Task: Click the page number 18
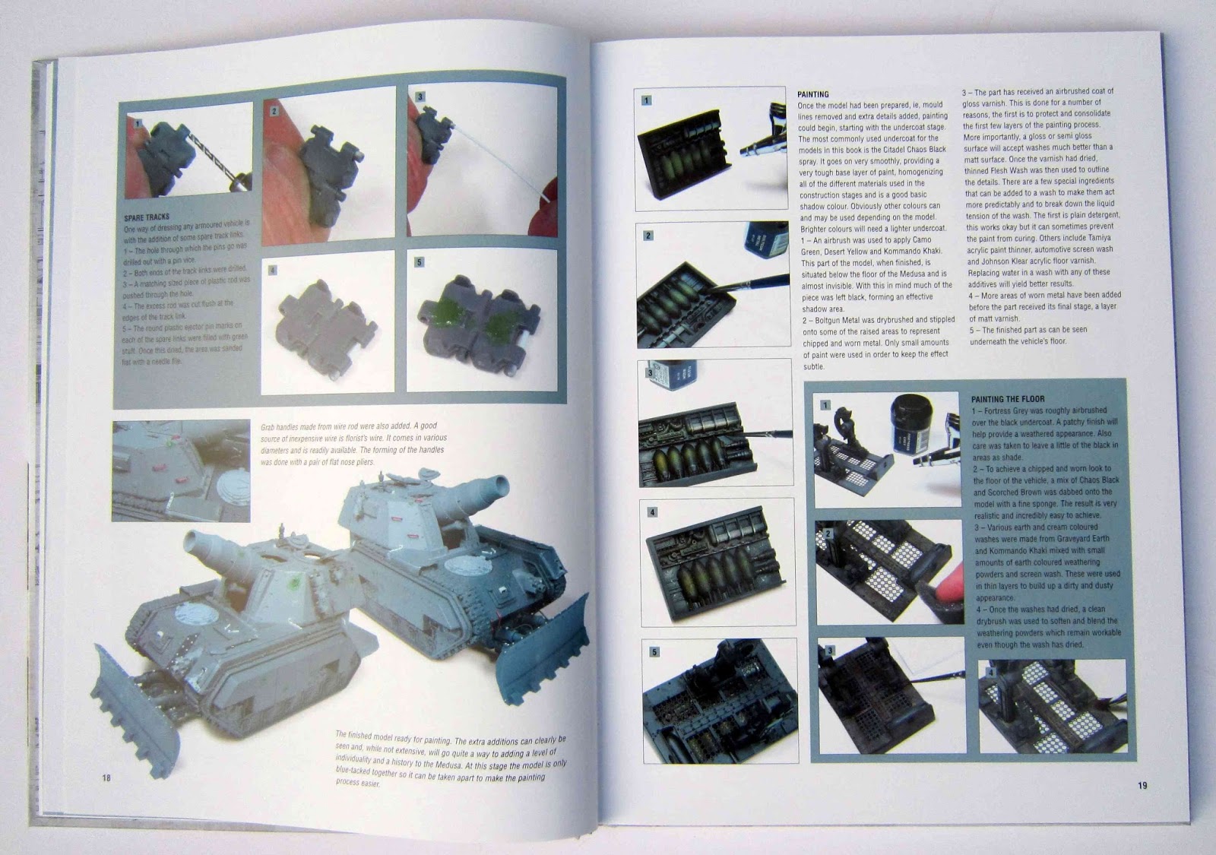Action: pyautogui.click(x=106, y=777)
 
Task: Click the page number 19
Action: pyautogui.click(x=1142, y=785)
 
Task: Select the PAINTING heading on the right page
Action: pyautogui.click(x=812, y=94)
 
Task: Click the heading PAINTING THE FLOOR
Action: pyautogui.click(x=1007, y=399)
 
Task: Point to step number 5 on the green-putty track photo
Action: pyautogui.click(x=419, y=262)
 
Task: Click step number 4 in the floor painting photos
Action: pyautogui.click(x=990, y=673)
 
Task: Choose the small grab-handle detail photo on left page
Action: pyautogui.click(x=181, y=470)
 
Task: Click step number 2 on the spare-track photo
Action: pyautogui.click(x=274, y=111)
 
